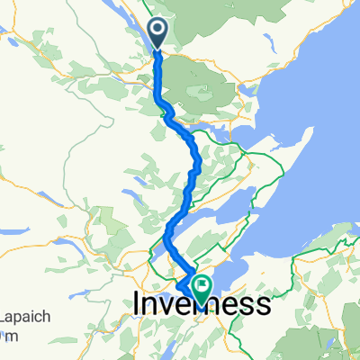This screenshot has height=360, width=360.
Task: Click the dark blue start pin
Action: coord(157,32)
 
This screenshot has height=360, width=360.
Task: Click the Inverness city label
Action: coord(201,306)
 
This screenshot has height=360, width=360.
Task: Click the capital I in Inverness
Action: coord(137,306)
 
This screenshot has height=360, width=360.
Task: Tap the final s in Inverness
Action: coord(263,306)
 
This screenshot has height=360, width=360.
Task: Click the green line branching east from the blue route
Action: coord(220,135)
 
